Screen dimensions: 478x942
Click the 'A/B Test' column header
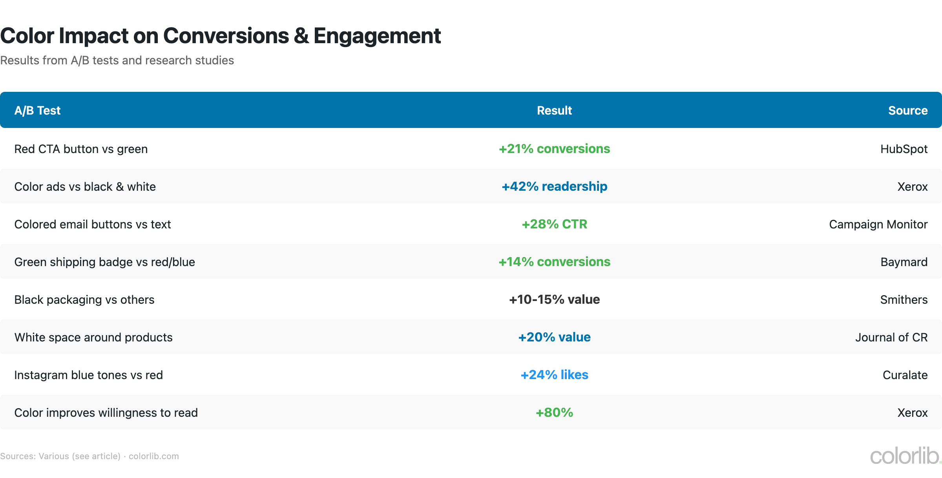point(37,110)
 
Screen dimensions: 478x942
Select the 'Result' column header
point(554,110)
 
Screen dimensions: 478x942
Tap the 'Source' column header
point(907,110)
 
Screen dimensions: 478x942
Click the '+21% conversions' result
point(554,149)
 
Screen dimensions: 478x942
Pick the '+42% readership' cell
point(554,186)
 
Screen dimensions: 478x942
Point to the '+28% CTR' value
point(554,224)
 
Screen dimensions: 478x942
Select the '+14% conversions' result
point(554,262)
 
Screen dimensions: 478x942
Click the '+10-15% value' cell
point(554,299)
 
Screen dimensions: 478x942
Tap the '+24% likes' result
point(554,375)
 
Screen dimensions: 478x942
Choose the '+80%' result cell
point(554,412)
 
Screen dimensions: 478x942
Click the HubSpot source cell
point(904,149)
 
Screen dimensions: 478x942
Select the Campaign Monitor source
point(878,224)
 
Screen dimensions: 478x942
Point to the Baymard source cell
point(904,262)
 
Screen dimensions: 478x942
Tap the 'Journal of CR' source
point(891,337)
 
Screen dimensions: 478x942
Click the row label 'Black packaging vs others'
point(84,299)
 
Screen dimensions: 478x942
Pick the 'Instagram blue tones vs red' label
point(88,375)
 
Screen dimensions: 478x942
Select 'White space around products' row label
point(93,337)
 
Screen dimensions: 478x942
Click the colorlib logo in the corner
point(905,456)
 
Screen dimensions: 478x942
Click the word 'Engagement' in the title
point(377,36)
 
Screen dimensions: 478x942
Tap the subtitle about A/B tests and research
point(117,60)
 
